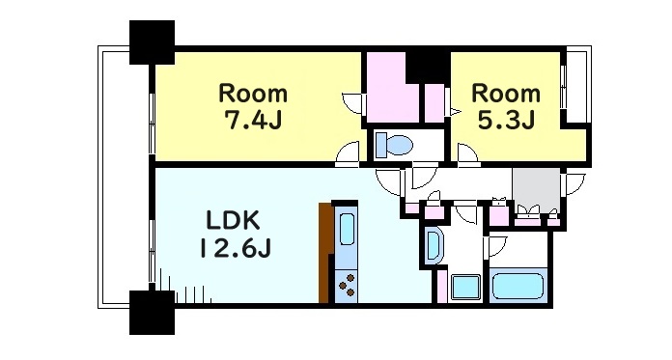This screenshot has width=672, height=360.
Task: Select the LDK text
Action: pyautogui.click(x=234, y=219)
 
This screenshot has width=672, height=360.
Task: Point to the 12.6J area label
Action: pyautogui.click(x=235, y=248)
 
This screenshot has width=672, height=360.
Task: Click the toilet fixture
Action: pyautogui.click(x=393, y=145)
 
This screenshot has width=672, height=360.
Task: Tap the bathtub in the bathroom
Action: pyautogui.click(x=520, y=287)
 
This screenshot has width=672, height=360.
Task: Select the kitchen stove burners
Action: pyautogui.click(x=345, y=284)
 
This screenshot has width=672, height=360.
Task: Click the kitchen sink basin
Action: pyautogui.click(x=346, y=233)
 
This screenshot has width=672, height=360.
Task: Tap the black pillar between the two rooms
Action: pyautogui.click(x=427, y=66)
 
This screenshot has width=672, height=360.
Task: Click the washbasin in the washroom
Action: pyautogui.click(x=433, y=245)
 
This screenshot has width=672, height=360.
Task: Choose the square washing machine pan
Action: pyautogui.click(x=466, y=287)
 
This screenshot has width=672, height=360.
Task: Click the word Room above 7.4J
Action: pyautogui.click(x=253, y=95)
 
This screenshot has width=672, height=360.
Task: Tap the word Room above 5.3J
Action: pyautogui.click(x=505, y=95)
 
